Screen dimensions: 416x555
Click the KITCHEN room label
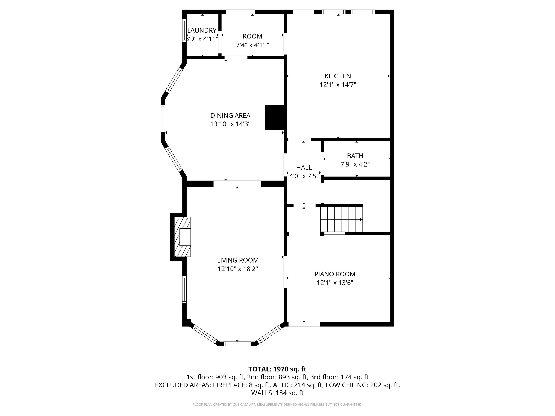click(338, 76)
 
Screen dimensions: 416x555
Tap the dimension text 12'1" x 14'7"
click(338, 85)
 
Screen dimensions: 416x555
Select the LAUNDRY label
click(202, 30)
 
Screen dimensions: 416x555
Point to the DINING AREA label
click(230, 116)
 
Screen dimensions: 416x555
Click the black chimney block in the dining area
click(275, 118)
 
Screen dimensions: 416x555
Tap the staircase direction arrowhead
click(361, 219)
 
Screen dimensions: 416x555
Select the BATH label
click(355, 156)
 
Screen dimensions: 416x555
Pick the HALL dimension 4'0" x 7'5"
click(304, 176)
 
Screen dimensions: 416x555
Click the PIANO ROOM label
click(335, 274)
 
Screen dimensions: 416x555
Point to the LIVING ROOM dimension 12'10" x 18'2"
click(238, 269)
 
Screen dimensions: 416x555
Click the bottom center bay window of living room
click(237, 344)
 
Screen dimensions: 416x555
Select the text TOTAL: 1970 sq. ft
click(277, 369)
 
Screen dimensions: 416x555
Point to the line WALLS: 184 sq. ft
click(277, 393)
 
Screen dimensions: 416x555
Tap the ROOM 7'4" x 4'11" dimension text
click(252, 45)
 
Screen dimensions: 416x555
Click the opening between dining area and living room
click(237, 184)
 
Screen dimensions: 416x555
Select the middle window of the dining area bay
click(163, 119)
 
